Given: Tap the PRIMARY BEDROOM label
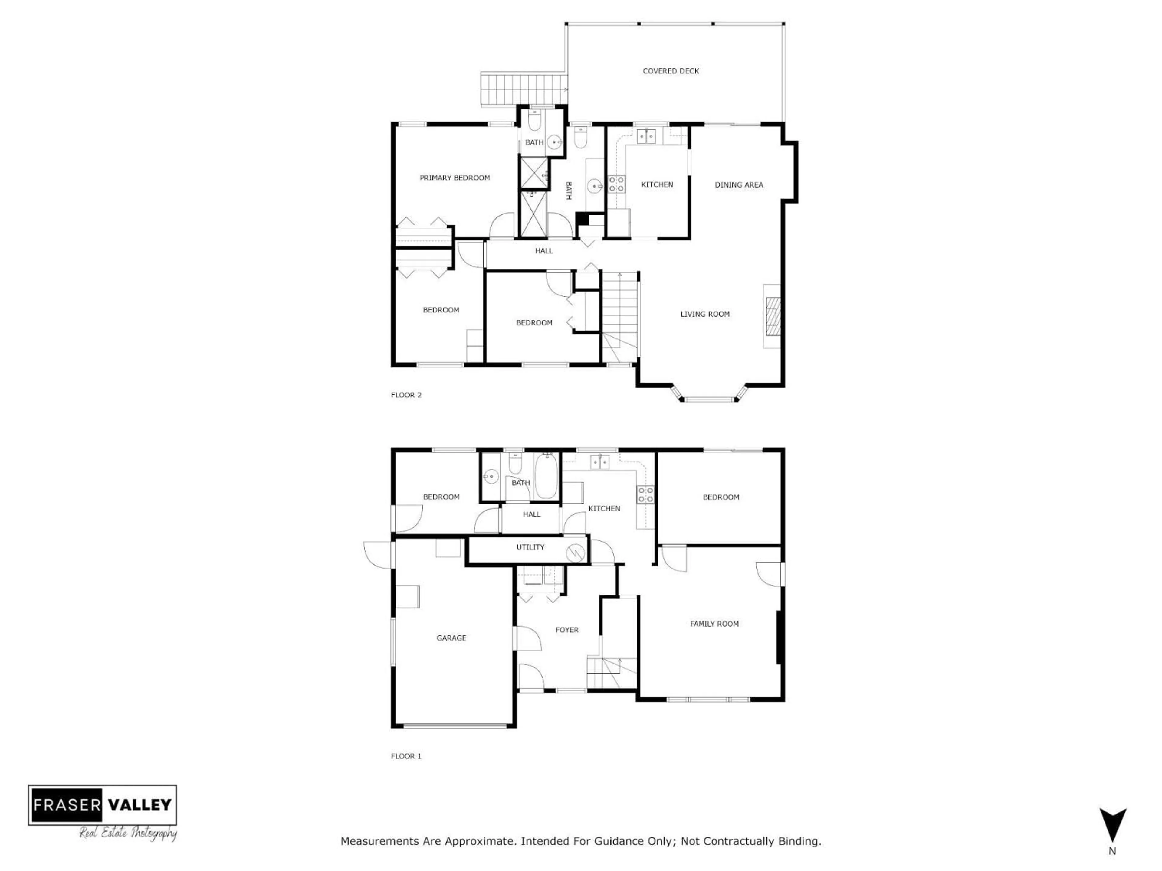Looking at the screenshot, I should coord(455,178).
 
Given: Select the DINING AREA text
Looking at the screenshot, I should coord(739,185).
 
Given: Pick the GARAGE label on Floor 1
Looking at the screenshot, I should coord(451,638).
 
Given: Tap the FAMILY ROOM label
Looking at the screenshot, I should coord(714,624).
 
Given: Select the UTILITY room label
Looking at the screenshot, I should coord(530,547).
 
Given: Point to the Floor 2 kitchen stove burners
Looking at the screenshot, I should coord(616,184).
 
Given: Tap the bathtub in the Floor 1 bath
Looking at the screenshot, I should coord(546,477).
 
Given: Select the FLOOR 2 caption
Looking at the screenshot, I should coord(406,395).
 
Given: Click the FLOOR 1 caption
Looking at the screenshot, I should coord(406,756).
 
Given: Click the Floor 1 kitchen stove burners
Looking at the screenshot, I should coord(646,494).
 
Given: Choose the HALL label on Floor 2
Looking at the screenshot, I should coord(544,251).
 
